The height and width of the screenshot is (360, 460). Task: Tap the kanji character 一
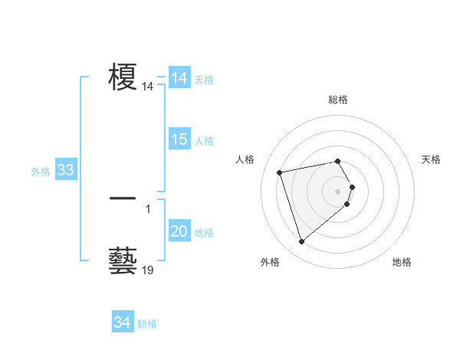(123, 198)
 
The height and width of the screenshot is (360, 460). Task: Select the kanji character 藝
(123, 260)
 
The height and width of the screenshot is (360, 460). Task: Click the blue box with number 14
(179, 78)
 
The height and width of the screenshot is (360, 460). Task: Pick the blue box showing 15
(179, 140)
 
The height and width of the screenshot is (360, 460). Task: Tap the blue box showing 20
(179, 232)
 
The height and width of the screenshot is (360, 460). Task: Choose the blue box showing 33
(65, 170)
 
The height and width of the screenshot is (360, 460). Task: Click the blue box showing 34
(122, 323)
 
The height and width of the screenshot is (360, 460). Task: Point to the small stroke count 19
(148, 270)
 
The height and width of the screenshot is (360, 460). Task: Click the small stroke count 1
(148, 208)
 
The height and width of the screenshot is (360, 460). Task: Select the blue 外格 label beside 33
(41, 172)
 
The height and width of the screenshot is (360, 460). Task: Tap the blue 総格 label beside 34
(147, 324)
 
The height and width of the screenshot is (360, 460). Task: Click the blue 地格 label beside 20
(204, 233)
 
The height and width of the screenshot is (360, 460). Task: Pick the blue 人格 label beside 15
(204, 141)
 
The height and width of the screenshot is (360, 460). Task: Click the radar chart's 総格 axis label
(338, 100)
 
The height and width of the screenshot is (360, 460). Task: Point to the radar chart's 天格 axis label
(431, 159)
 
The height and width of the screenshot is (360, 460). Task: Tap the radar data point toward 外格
(301, 242)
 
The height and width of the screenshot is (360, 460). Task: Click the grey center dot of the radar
(338, 191)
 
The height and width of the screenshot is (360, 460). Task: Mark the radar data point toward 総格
(338, 162)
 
